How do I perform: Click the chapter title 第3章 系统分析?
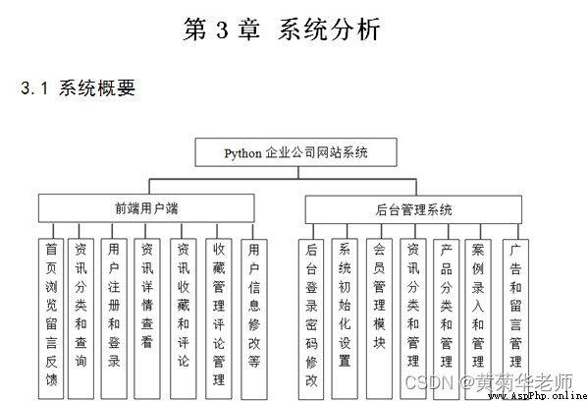coord(282,29)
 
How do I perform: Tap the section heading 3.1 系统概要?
coord(78,88)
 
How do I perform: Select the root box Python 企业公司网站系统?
coord(295,152)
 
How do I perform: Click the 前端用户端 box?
coord(146,208)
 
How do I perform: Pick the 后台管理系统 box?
coord(413,209)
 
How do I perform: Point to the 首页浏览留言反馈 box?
coord(51,318)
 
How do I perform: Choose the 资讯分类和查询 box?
coord(80,318)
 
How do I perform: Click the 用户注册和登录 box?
coord(114,318)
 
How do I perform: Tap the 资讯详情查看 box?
coord(147,318)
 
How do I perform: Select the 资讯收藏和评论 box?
coord(183,318)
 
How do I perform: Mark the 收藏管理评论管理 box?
coord(219,318)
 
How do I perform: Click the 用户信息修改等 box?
coord(254,319)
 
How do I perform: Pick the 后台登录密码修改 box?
coord(311,319)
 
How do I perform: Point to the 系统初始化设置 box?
coord(345,318)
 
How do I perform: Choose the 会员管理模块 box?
coord(379,318)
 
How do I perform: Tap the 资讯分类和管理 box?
coord(413,318)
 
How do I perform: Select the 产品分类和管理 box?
coord(447,319)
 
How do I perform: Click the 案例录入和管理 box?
coord(478,319)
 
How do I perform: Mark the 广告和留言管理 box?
coord(515,319)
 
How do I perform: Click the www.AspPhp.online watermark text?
coord(537,396)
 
